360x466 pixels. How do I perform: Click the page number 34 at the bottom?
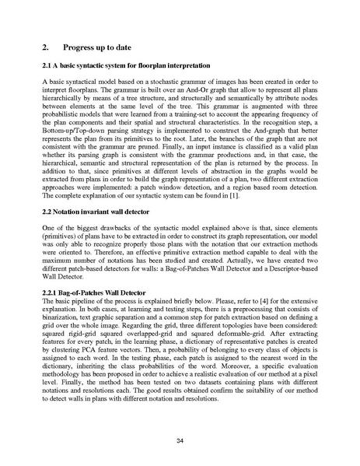point(180,441)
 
